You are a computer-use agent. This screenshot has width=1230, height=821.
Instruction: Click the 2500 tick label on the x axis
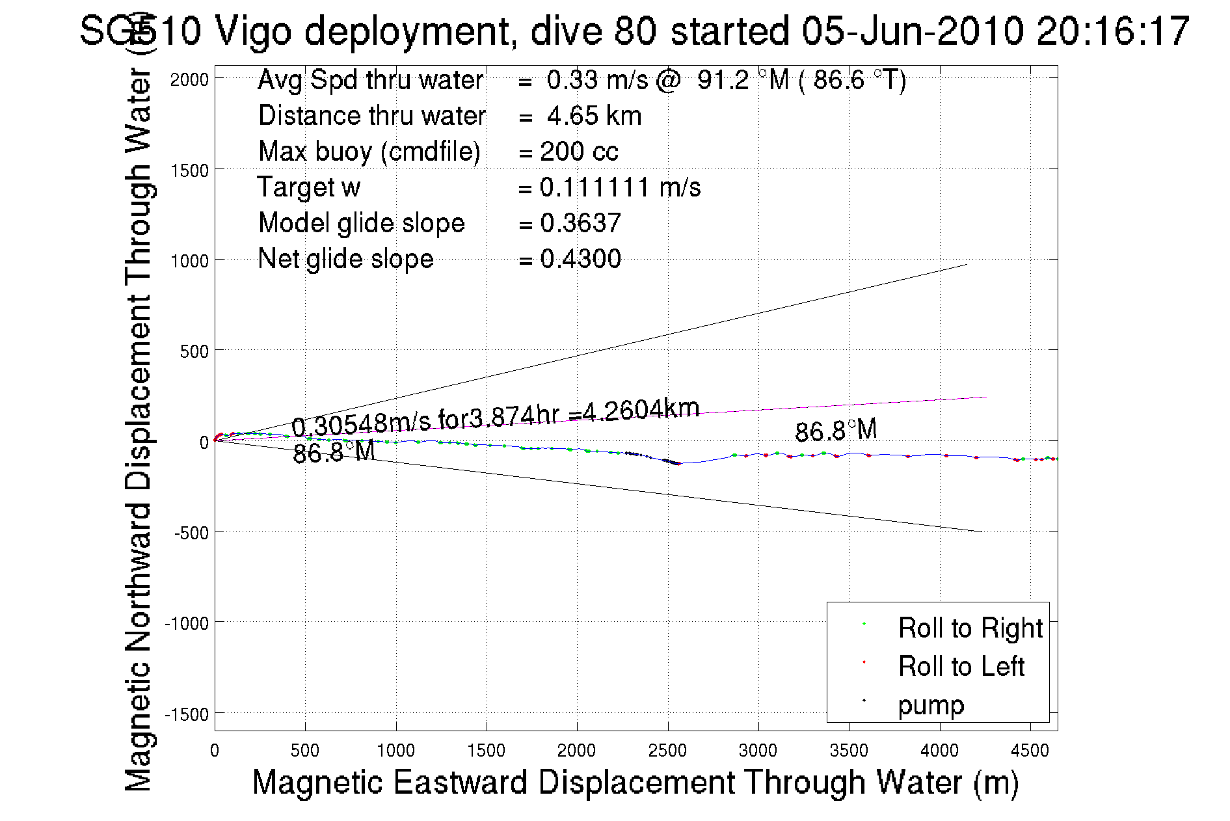coord(667,751)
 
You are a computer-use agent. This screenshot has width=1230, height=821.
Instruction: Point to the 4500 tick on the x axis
coord(1030,751)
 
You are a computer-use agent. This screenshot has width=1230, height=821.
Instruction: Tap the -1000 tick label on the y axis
coord(187,623)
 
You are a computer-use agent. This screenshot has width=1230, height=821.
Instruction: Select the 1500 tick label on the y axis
coord(189,170)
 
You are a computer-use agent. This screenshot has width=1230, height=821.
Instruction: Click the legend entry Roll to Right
coord(970,628)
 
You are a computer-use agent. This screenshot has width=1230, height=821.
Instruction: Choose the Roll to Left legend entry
coord(961,666)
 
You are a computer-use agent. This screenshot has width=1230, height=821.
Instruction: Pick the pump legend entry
coord(931,705)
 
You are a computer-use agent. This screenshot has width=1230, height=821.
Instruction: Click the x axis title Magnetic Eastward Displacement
coord(635,782)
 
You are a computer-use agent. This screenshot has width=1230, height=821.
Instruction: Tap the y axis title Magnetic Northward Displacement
coord(138,429)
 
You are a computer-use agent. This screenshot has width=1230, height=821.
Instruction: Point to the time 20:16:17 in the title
coord(1113,31)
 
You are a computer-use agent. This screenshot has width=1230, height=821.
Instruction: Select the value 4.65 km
coord(594,116)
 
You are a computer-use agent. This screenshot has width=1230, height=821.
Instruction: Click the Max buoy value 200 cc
coord(579,152)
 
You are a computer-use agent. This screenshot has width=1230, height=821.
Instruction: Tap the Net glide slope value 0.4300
coord(580,259)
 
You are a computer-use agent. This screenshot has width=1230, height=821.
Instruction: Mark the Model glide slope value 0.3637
coord(580,223)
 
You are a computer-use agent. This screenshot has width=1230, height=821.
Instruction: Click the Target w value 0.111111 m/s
coord(620,187)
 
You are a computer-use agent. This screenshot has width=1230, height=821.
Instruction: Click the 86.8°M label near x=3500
coord(836,431)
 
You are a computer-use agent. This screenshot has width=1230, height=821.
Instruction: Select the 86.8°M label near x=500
coord(334,452)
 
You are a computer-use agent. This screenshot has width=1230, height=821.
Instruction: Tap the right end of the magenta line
coord(986,397)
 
